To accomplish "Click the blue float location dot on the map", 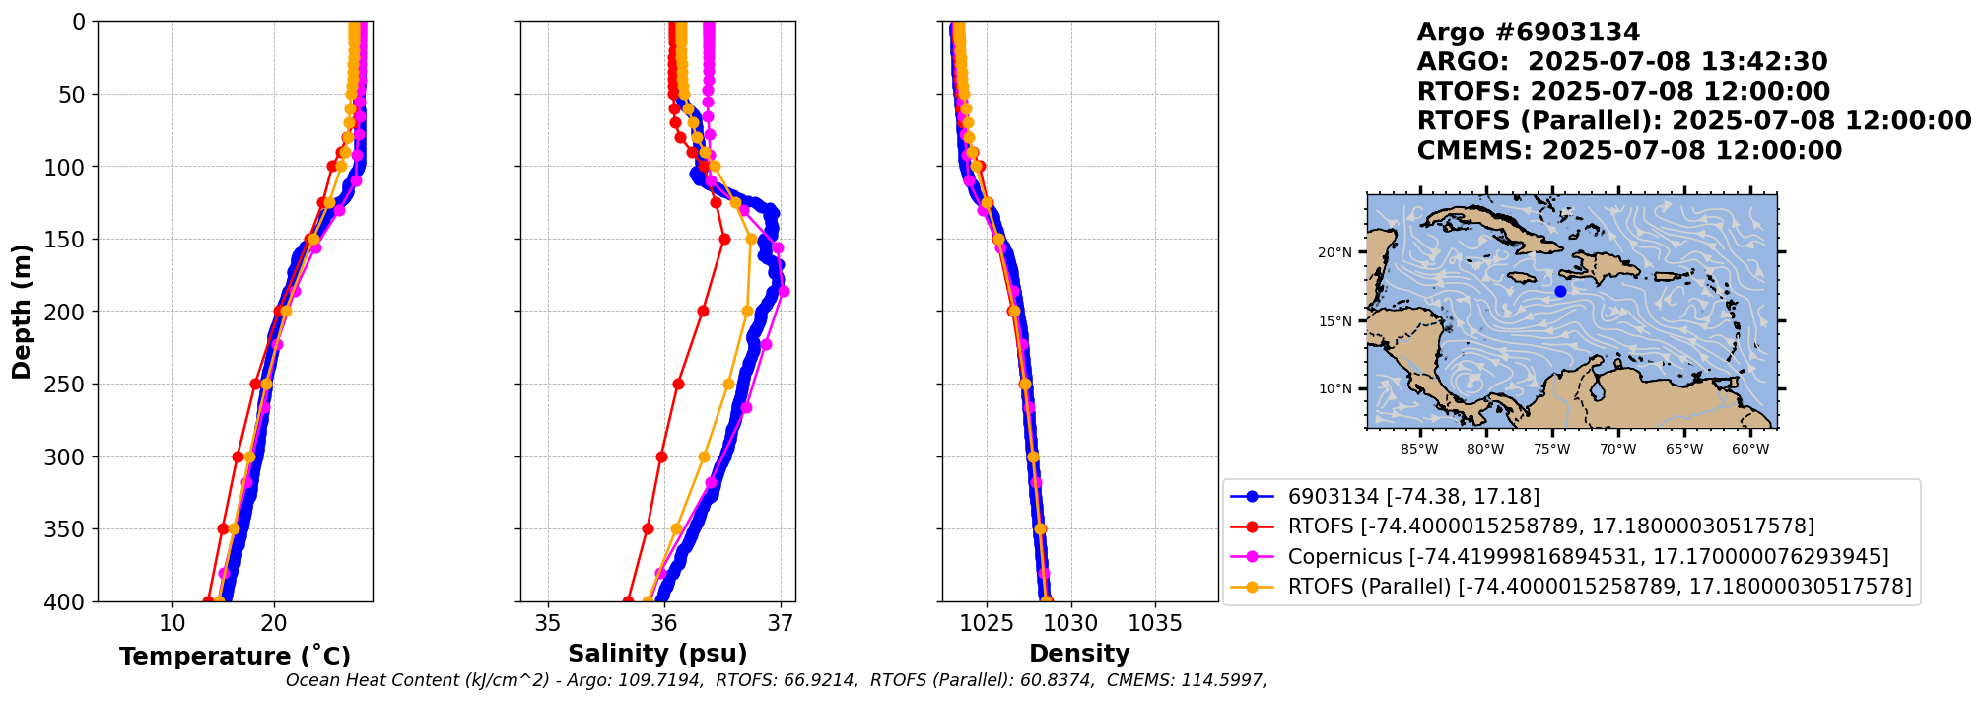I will (x=1560, y=291).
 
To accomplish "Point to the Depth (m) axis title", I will (x=21, y=312).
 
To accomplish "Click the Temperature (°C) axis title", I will (x=235, y=657).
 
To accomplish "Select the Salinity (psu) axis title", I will (x=657, y=654).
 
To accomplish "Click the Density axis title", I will (x=1079, y=654).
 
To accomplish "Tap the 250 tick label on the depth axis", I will (x=68, y=385).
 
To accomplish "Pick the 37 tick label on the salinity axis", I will (x=781, y=623).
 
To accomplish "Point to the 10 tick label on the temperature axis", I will (x=172, y=623).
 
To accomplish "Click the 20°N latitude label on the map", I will (x=1334, y=252).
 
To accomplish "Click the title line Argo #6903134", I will (x=1528, y=33).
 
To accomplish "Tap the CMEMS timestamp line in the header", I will (x=1629, y=151).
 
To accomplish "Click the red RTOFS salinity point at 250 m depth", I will (x=678, y=384).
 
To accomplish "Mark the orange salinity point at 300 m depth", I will (x=704, y=456).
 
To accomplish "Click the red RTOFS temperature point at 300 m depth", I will (x=238, y=456).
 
